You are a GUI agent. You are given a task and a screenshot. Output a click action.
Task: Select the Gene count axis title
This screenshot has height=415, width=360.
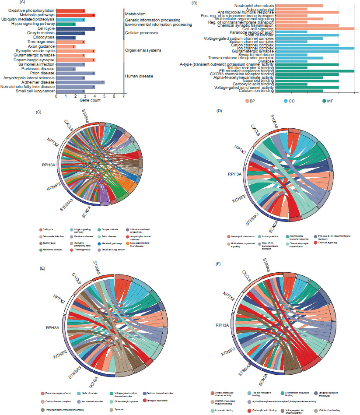click(x=89, y=101)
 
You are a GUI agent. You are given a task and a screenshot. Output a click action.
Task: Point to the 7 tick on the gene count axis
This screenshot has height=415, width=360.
click(x=124, y=97)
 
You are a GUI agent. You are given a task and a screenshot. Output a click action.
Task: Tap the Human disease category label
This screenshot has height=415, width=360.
click(x=139, y=76)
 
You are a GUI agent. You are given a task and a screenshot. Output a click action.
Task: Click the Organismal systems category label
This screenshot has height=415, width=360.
click(x=143, y=50)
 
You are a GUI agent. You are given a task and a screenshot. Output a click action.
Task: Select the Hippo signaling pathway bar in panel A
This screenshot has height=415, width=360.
click(x=66, y=24)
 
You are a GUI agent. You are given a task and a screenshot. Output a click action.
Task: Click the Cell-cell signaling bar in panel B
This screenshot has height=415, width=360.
click(x=315, y=28)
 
